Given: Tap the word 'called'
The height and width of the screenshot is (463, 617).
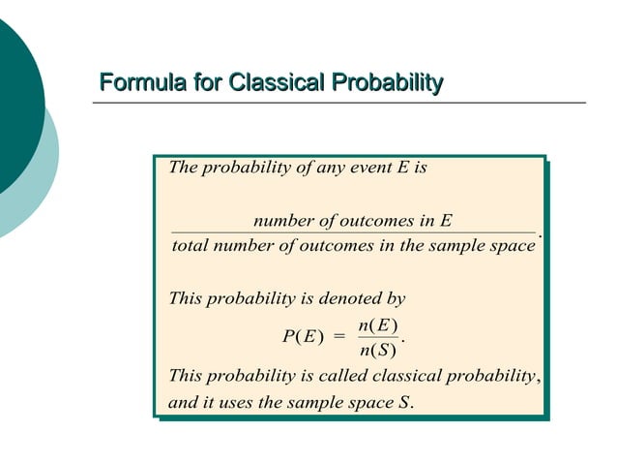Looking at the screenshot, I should coord(342,375).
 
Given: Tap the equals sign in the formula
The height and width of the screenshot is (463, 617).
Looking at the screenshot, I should coord(338,337).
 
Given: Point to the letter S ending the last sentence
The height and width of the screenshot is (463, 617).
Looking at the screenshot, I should coord(404,401).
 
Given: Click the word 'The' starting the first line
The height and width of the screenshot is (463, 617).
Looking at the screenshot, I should coord(182,167).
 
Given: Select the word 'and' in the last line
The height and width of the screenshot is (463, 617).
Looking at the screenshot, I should coord(182,401).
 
